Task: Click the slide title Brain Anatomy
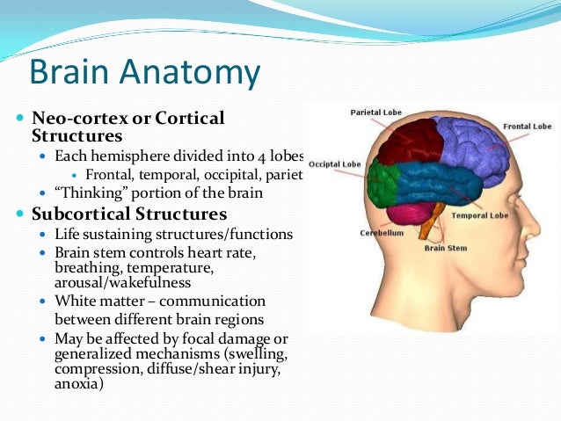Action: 144,72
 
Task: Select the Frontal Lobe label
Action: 527,127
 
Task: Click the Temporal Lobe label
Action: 479,214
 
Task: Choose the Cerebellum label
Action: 382,233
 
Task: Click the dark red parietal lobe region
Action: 410,142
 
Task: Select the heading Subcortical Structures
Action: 129,214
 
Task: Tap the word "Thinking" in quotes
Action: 87,192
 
